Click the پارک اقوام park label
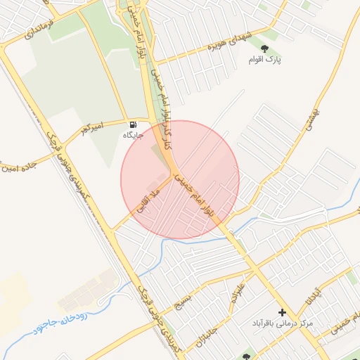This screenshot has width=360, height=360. [x=265, y=60]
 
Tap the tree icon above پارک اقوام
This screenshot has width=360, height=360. [x=265, y=48]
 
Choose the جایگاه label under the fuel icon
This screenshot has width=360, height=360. [x=134, y=134]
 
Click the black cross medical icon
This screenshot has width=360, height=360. [x=283, y=311]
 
